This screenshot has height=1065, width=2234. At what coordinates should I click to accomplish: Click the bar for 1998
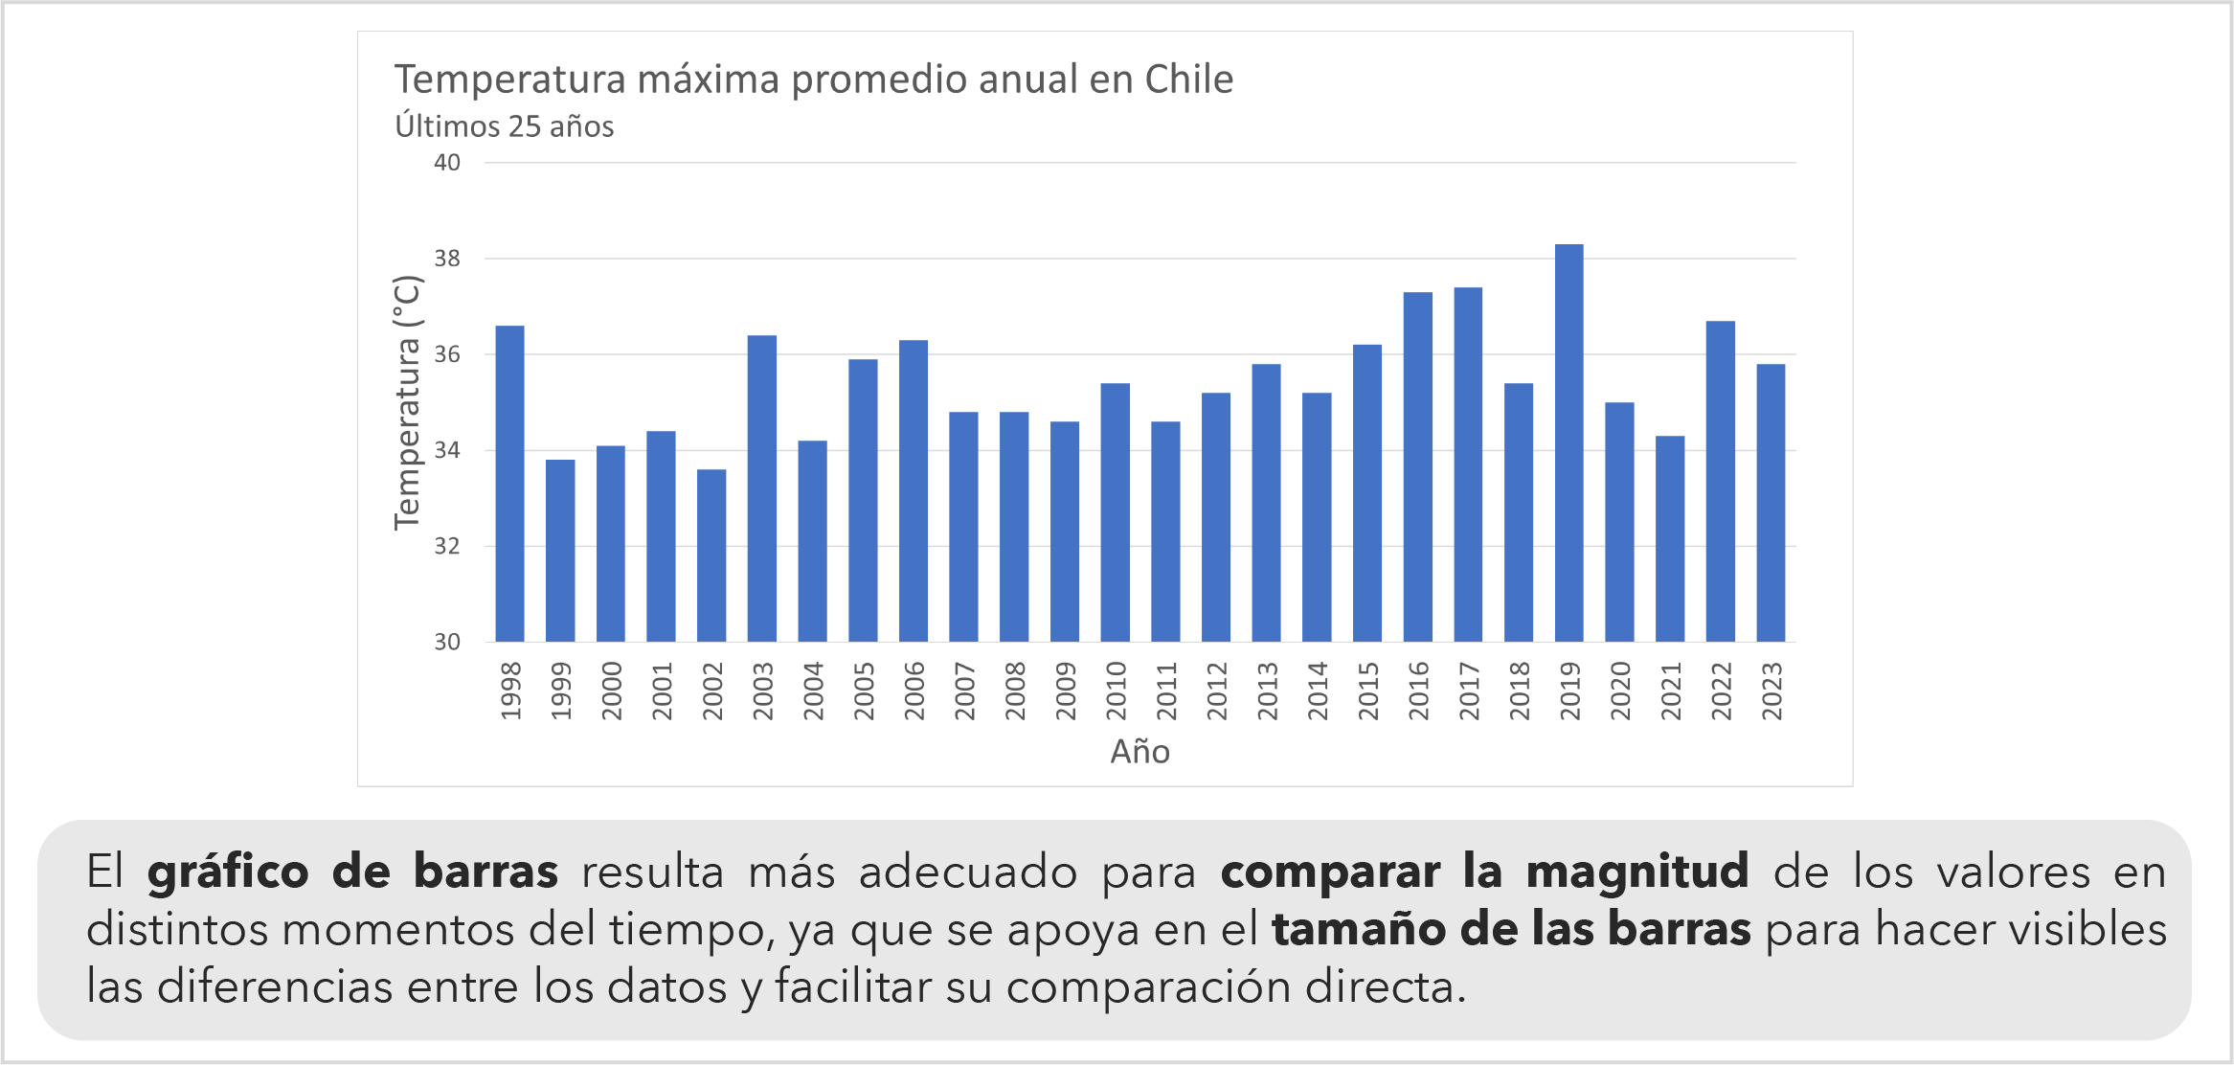pos(509,484)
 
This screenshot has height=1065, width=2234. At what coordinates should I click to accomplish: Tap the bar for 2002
pos(711,555)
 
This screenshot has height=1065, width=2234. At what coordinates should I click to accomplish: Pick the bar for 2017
pos(1468,465)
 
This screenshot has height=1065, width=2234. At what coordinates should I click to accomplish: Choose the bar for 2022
pos(1720,481)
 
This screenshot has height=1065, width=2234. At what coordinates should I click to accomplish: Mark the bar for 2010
pos(1115,512)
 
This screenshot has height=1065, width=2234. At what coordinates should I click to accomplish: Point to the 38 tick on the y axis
pos(447,259)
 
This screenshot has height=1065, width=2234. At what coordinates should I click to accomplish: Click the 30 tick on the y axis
pos(447,642)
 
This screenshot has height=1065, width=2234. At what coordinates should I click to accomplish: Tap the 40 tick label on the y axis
pos(447,163)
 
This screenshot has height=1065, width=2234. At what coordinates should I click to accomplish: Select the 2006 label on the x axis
pos(914,691)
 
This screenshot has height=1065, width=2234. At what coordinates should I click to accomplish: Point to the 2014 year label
pos(1318,691)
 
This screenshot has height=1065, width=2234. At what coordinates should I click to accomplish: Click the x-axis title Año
pos(1140,752)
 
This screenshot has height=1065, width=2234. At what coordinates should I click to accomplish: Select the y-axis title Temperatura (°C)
pos(407,402)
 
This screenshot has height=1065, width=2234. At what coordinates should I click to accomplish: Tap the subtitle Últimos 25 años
pos(505,126)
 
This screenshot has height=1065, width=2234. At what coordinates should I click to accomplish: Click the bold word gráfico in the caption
pos(228,872)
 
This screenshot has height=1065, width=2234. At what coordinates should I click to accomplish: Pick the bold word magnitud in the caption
pos(1636,872)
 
